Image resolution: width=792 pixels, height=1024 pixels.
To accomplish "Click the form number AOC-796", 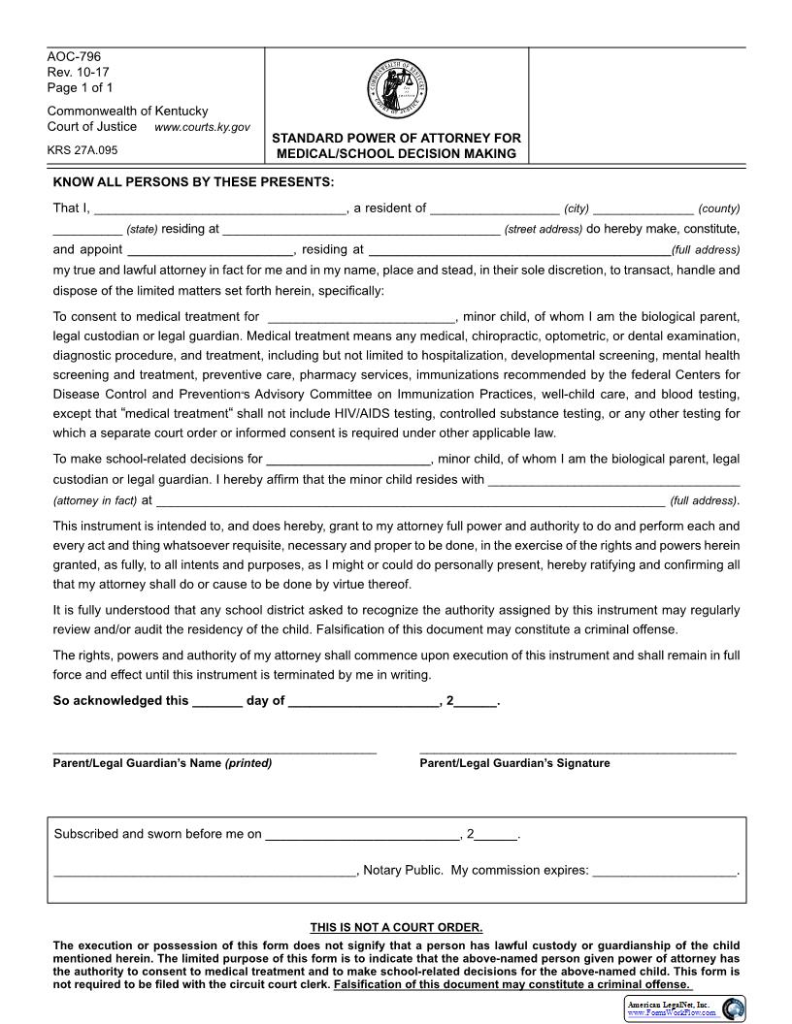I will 74,57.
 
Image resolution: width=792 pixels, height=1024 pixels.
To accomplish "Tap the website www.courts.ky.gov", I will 202,128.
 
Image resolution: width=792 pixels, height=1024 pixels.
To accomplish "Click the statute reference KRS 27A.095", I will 82,150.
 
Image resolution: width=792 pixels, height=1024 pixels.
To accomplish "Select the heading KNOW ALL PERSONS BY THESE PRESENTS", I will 193,182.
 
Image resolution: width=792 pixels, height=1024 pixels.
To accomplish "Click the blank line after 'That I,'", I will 220,208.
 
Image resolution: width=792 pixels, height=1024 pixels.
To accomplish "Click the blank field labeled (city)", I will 495,208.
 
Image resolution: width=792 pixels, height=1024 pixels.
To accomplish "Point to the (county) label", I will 718,208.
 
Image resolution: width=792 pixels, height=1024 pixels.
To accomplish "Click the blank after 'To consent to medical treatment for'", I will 361,317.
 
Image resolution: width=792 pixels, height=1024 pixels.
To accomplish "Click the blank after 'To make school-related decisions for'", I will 347,460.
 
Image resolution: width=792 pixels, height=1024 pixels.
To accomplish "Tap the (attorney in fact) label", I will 95,501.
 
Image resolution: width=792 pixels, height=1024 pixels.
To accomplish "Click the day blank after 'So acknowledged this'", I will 217,702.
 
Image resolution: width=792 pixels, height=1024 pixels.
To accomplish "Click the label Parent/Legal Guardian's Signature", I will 514,763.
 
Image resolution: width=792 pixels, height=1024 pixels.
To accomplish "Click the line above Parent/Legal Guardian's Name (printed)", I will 214,752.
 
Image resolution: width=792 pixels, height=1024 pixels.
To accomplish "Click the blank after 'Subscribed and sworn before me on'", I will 362,835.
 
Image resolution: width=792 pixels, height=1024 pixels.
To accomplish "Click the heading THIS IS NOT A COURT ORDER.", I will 396,927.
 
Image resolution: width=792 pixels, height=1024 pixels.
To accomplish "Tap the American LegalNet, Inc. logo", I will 684,1008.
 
